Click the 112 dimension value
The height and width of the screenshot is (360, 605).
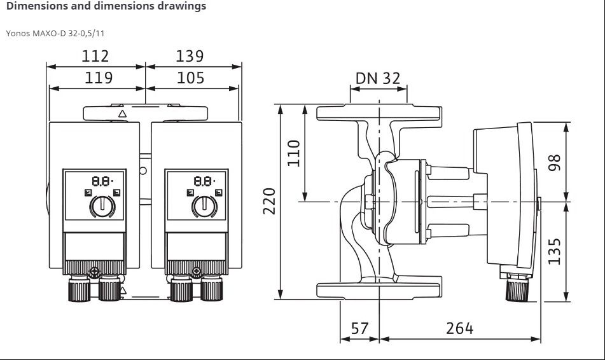click(95, 57)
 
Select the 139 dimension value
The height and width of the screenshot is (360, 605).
click(190, 57)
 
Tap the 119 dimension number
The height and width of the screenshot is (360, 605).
click(99, 78)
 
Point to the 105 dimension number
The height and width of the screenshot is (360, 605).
click(190, 78)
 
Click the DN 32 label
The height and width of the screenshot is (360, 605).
click(378, 78)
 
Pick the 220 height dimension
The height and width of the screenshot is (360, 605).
click(269, 201)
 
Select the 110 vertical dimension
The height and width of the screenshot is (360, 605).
click(294, 153)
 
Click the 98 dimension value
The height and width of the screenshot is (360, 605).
click(554, 162)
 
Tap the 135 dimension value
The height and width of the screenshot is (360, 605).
click(554, 252)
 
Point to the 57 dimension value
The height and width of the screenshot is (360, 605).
click(359, 328)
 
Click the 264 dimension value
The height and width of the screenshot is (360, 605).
click(459, 328)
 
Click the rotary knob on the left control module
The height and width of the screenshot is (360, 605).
click(102, 206)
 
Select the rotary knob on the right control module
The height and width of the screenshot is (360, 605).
click(204, 206)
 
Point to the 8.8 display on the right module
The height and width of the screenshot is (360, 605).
click(204, 181)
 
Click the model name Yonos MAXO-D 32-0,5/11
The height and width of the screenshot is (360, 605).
click(55, 33)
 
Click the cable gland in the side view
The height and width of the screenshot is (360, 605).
click(517, 289)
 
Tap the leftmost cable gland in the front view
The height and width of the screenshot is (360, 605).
click(79, 289)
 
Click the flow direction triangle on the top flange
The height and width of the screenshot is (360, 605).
click(122, 114)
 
